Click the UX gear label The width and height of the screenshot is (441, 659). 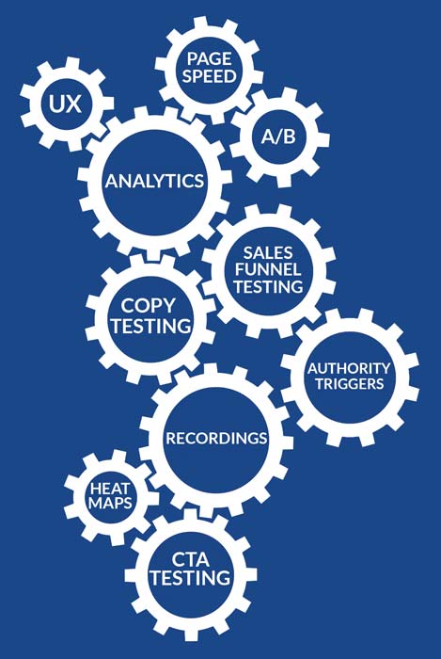(65, 104)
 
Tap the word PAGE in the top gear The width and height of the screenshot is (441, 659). (209, 58)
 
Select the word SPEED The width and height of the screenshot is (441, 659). (209, 76)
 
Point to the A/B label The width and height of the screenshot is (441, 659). (278, 137)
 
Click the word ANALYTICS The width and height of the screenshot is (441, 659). (155, 181)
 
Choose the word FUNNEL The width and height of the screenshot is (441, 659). (268, 270)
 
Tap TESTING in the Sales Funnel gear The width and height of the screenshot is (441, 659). (268, 286)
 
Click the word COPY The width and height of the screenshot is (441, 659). (148, 306)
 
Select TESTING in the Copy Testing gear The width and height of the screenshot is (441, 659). (151, 326)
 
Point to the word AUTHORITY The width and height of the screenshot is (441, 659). (349, 369)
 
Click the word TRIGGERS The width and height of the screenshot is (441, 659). (350, 384)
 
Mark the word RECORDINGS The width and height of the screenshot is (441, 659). (216, 439)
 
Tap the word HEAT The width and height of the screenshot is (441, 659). (110, 489)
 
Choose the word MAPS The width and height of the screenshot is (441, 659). (110, 503)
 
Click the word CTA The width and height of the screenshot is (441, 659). (190, 560)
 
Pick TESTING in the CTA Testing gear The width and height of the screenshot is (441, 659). (191, 578)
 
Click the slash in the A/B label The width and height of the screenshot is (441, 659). (278, 137)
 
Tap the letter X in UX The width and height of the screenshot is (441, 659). (73, 104)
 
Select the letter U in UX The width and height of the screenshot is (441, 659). (56, 104)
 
